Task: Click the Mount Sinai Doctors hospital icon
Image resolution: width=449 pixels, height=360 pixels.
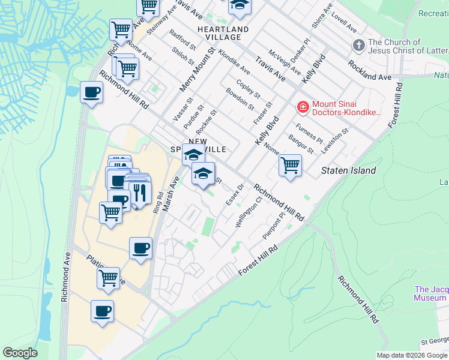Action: [303, 107]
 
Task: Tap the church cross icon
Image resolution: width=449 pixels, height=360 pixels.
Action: [358, 45]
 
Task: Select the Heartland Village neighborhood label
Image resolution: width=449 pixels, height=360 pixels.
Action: [223, 33]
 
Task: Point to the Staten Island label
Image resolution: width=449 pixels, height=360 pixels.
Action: [348, 170]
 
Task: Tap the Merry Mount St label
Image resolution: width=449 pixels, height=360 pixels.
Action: [197, 70]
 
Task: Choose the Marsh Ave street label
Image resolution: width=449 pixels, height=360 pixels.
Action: [170, 196]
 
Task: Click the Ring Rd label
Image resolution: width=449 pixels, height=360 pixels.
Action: [158, 203]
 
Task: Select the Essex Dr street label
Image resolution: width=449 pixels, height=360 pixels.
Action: [234, 193]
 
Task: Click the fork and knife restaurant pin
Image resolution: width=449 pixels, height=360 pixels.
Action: [140, 193]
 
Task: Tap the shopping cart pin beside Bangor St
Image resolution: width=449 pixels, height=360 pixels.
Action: [290, 165]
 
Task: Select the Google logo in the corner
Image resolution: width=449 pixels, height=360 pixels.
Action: [20, 353]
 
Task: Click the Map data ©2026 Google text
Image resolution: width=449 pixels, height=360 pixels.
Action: [412, 355]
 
